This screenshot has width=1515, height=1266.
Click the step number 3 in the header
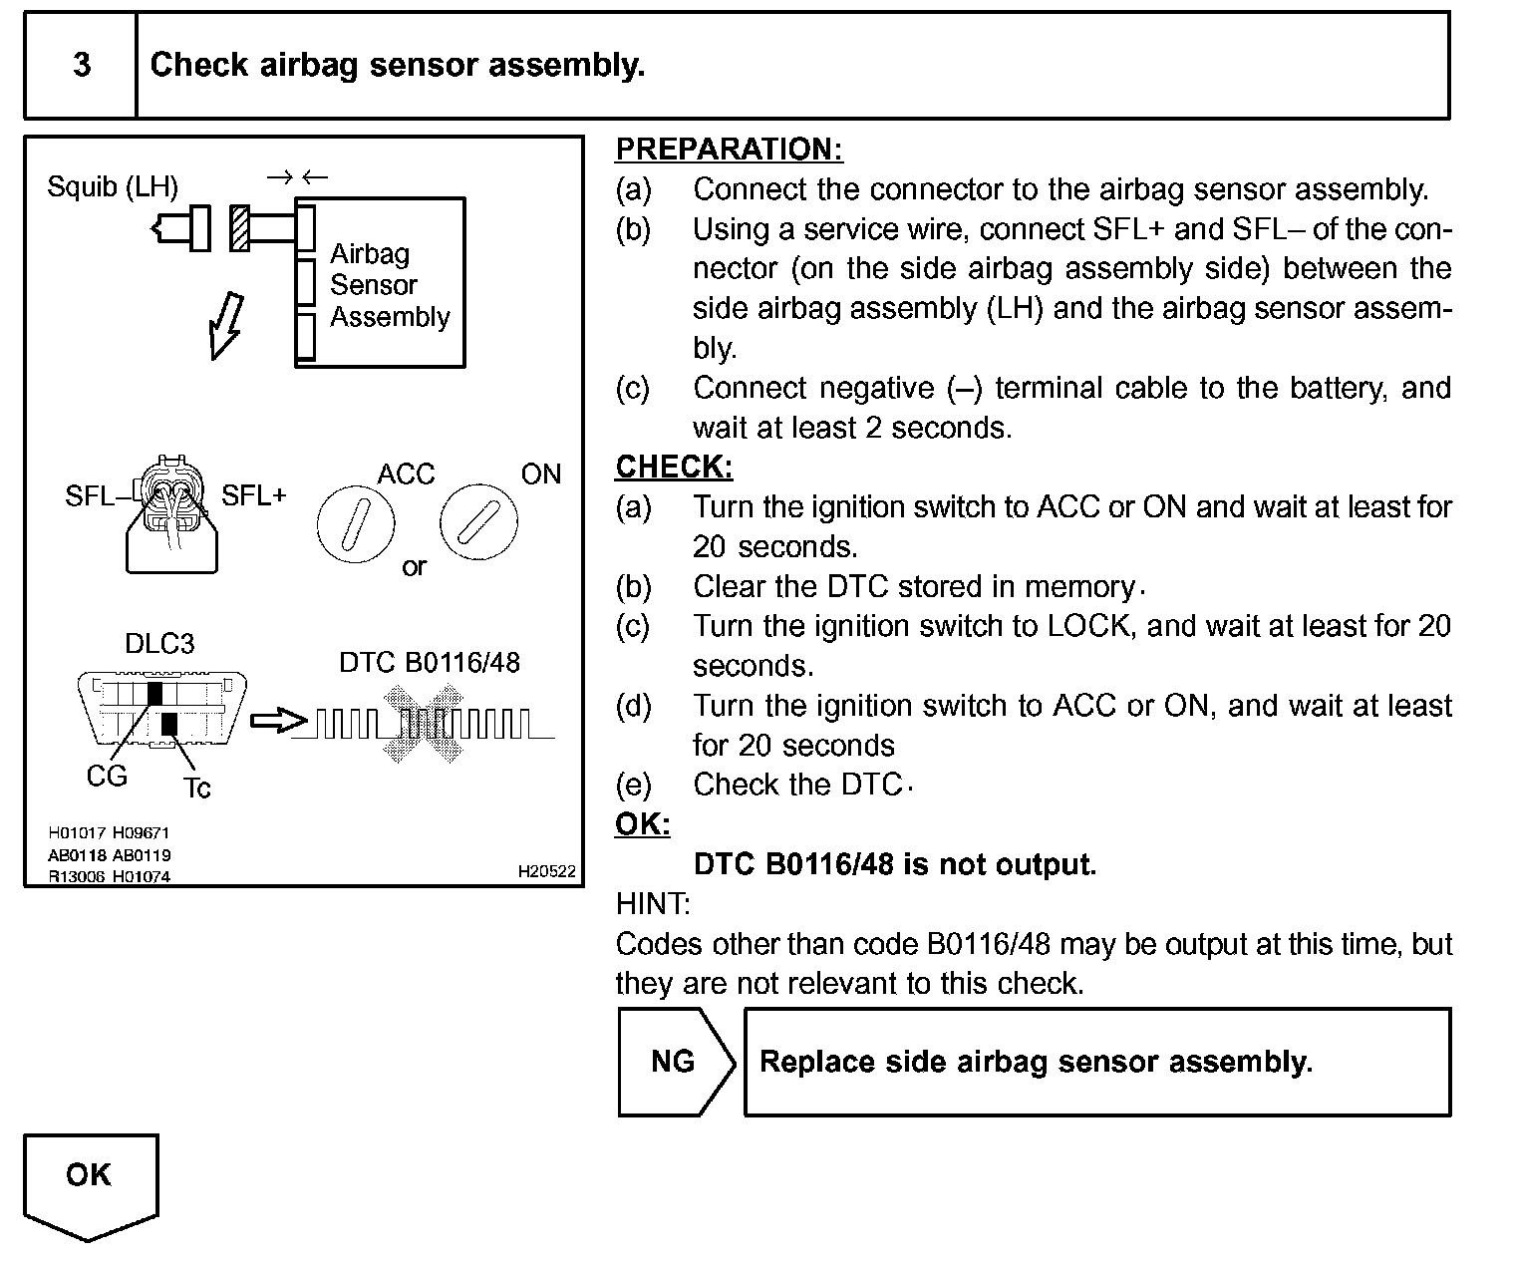(x=82, y=66)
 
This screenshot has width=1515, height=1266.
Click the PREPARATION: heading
(x=729, y=150)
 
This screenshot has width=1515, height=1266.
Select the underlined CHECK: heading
(x=674, y=467)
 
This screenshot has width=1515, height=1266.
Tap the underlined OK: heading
(x=642, y=824)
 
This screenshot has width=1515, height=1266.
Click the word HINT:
(x=652, y=904)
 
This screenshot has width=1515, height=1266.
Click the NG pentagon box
(x=674, y=1062)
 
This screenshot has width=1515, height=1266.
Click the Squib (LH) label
(x=113, y=186)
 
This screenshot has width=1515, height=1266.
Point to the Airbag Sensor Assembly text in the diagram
(x=390, y=285)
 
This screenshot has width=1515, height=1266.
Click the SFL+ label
(x=253, y=495)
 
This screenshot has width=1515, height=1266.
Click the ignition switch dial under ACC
(x=356, y=523)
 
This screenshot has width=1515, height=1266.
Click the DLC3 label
(x=159, y=644)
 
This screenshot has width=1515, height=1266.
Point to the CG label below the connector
(x=107, y=777)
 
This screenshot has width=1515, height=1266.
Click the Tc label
(x=197, y=789)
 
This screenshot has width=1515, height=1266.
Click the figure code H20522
(x=546, y=871)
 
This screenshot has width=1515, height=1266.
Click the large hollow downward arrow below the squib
(x=225, y=324)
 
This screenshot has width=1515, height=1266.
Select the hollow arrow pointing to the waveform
(x=278, y=721)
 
